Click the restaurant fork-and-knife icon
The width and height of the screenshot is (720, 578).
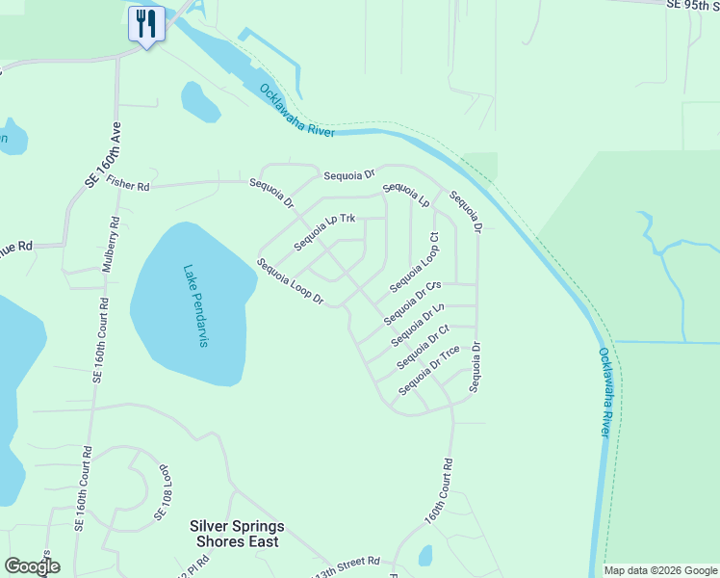click(146, 23)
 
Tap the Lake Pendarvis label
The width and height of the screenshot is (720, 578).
click(193, 306)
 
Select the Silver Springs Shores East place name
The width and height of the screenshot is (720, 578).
click(237, 534)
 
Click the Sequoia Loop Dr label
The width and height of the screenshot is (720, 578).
click(290, 283)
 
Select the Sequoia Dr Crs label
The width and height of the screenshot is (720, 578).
click(412, 303)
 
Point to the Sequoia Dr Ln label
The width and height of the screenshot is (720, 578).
click(418, 326)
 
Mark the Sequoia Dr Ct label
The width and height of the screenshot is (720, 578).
click(424, 347)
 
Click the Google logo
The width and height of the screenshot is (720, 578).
click(32, 566)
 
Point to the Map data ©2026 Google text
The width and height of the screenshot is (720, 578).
click(660, 570)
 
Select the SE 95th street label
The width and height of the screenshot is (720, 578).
click(692, 5)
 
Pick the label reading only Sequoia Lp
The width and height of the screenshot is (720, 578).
click(405, 195)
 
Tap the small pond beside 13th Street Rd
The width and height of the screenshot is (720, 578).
click(425, 556)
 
